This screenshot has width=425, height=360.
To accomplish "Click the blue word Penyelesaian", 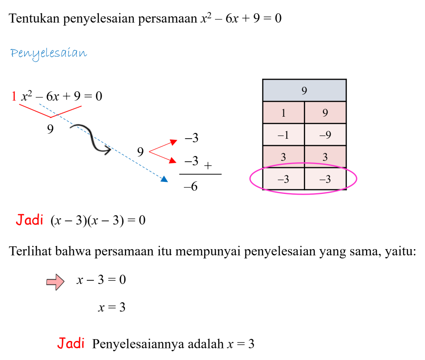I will [49, 54].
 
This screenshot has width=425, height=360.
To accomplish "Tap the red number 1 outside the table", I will [14, 96].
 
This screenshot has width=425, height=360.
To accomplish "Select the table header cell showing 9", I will [304, 91].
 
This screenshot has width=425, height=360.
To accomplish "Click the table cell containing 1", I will [283, 113].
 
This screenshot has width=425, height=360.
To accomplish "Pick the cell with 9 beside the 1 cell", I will [325, 113].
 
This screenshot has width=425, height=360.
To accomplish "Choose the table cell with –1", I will [283, 135].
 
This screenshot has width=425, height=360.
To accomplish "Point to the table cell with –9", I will [325, 135].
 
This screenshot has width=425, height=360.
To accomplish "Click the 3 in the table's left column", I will [283, 157].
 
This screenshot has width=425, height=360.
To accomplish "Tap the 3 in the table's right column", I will [325, 157].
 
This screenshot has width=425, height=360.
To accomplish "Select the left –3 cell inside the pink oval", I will [283, 179].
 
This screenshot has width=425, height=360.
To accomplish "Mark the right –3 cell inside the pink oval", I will [325, 179].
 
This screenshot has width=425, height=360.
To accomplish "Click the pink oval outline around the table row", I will [250, 179].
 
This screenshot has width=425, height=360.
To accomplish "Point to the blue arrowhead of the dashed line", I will [164, 179].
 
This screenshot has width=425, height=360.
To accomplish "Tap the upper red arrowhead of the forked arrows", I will [174, 142].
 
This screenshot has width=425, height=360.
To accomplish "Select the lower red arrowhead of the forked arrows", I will [173, 160].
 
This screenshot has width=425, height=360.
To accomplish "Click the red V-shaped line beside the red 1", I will [50, 117].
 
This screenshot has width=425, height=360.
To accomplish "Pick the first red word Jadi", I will [29, 220].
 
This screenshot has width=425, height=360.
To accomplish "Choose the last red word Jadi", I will [71, 343].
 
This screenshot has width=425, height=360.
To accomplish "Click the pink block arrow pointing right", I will [55, 282].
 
